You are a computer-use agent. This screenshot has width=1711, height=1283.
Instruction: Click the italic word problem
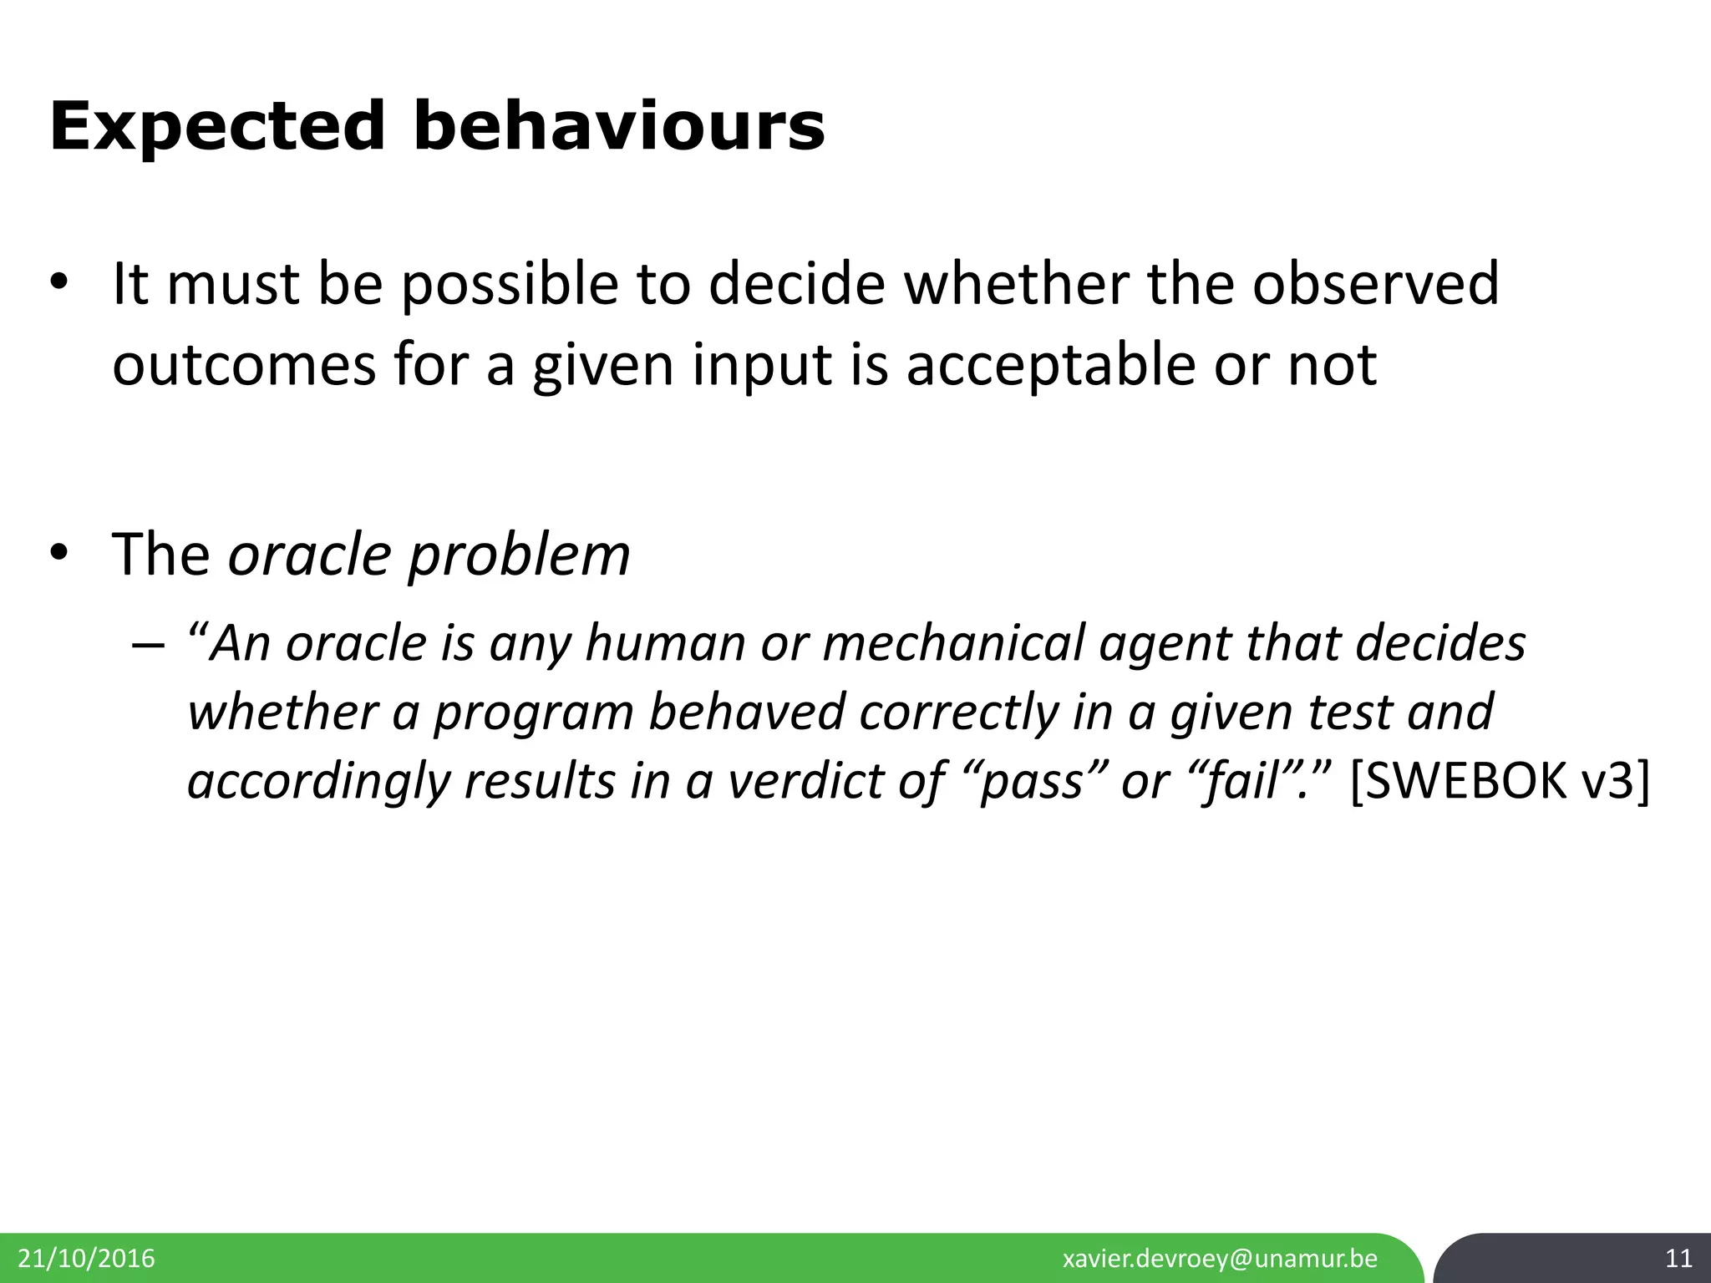point(518,555)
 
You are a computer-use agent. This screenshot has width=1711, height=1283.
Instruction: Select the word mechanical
point(952,644)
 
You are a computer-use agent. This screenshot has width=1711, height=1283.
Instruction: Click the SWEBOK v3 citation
point(1500,781)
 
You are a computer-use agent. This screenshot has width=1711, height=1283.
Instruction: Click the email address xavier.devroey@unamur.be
point(1220,1259)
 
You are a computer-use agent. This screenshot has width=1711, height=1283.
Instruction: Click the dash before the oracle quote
point(145,646)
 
